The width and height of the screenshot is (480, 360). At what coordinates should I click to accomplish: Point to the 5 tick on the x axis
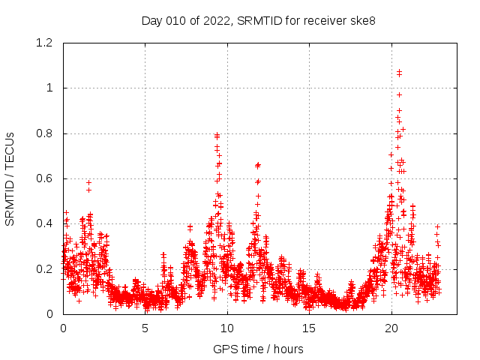coord(145,328)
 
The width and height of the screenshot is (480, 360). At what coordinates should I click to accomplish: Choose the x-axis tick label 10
coord(227,328)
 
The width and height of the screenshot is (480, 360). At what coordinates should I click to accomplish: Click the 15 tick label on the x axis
coord(310,328)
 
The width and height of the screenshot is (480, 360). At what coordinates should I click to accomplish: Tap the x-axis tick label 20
coord(391,328)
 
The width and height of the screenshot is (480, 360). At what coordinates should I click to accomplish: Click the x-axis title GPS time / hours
coord(258,349)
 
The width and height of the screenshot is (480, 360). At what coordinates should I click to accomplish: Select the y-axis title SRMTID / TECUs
coord(10,178)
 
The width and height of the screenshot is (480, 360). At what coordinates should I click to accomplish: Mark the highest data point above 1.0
coord(399,71)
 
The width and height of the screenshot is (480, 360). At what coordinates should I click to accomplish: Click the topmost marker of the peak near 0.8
coord(217,134)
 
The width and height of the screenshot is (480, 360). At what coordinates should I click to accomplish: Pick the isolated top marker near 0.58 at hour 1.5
coord(88,182)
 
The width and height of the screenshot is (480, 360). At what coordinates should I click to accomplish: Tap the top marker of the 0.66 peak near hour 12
coord(258,164)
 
